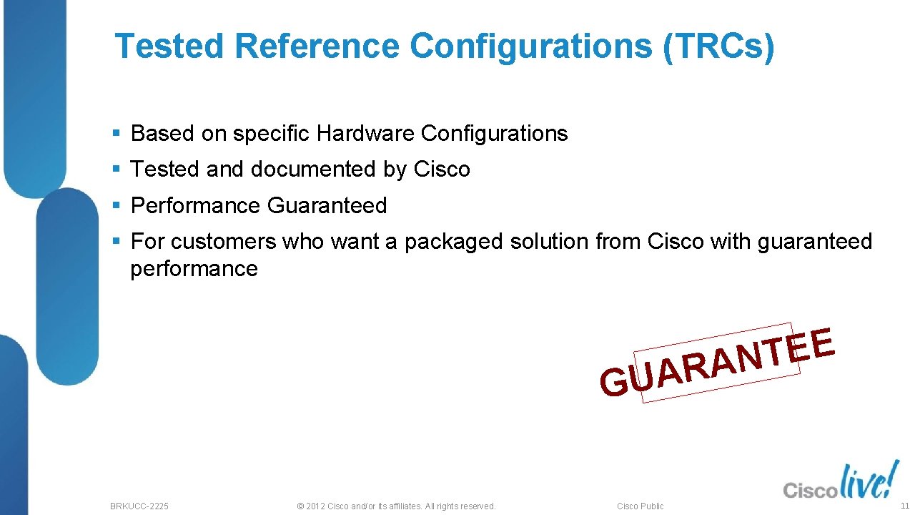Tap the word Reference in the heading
tap(316, 46)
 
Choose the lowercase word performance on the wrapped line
tap(194, 269)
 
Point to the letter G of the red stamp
tap(614, 383)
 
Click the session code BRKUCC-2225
tap(139, 506)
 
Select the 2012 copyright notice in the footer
tap(395, 506)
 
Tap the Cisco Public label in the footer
tap(640, 506)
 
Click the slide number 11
tap(904, 506)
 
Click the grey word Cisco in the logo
tap(810, 491)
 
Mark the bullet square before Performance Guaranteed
tap(116, 206)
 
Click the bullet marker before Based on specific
tap(116, 134)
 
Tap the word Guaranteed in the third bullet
tap(327, 206)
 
